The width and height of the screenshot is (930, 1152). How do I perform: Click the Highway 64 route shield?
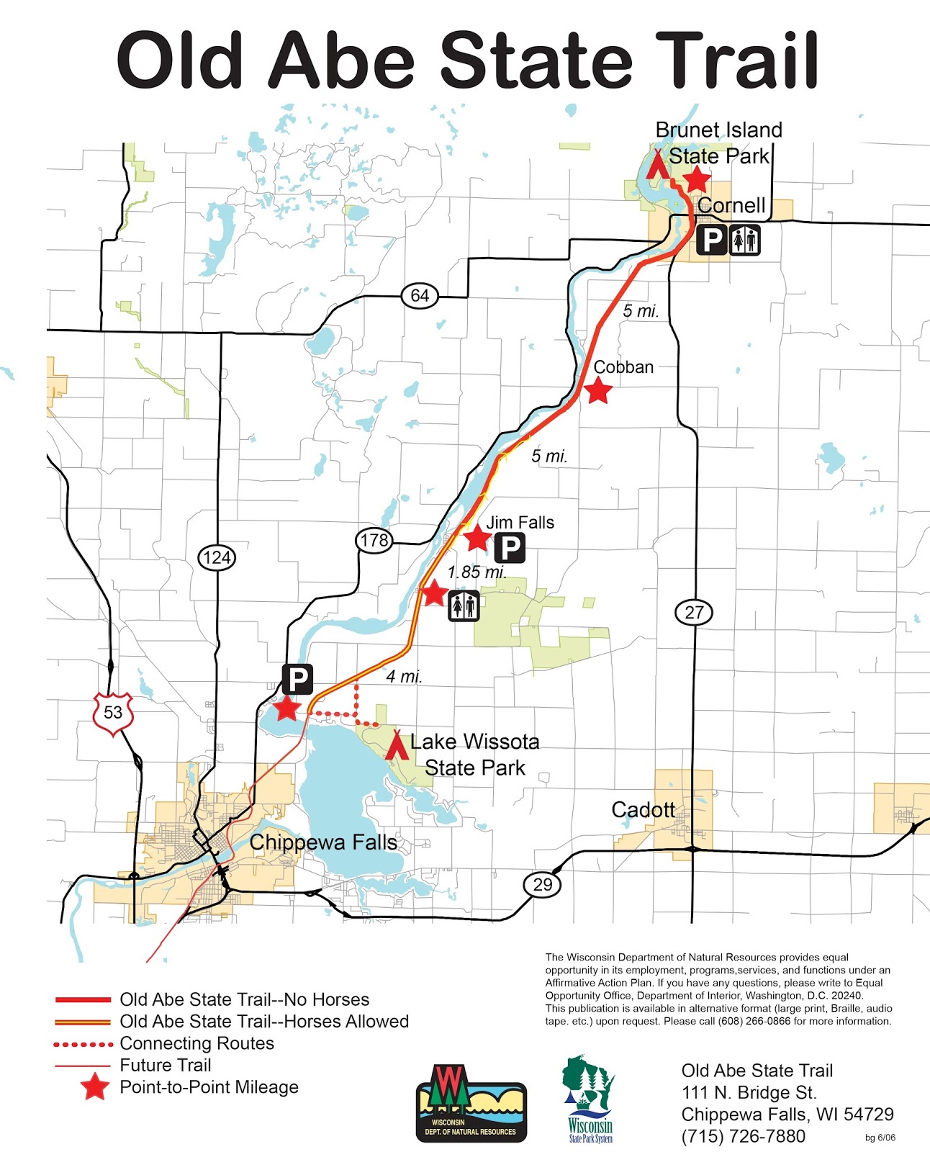[x=420, y=295]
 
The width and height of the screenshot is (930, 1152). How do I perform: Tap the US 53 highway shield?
[x=113, y=713]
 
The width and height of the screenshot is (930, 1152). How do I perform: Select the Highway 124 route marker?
[x=217, y=557]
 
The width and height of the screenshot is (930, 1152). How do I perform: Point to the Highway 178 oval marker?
[x=374, y=540]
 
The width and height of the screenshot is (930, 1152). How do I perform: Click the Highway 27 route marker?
[x=694, y=613]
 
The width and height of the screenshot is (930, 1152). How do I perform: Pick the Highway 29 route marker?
[x=542, y=884]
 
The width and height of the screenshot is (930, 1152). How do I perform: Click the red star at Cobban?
[x=598, y=391]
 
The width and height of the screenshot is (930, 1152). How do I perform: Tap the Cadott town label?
[x=643, y=810]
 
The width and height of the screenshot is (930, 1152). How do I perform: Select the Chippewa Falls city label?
[x=323, y=842]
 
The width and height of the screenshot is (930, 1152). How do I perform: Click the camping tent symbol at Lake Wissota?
[x=395, y=746]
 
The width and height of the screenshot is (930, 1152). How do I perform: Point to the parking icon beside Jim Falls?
[x=510, y=548]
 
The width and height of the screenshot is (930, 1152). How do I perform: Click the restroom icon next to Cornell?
[x=745, y=239]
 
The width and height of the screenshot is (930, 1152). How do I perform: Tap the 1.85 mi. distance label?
[x=477, y=573]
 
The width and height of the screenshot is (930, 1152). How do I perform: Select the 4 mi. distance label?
[x=404, y=677]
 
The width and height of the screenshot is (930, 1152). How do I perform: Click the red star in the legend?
[x=94, y=1087]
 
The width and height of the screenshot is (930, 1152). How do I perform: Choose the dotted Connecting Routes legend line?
[x=83, y=1044]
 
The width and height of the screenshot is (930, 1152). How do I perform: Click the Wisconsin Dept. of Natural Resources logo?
[x=471, y=1104]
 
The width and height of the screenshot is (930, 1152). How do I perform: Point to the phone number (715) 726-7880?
[x=743, y=1136]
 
